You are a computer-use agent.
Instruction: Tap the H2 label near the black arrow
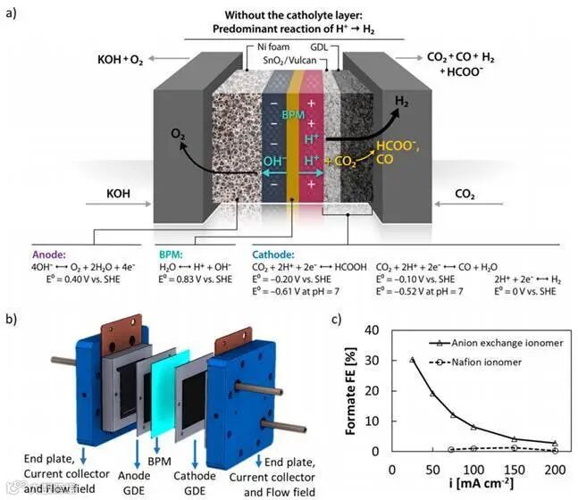click(x=405, y=101)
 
